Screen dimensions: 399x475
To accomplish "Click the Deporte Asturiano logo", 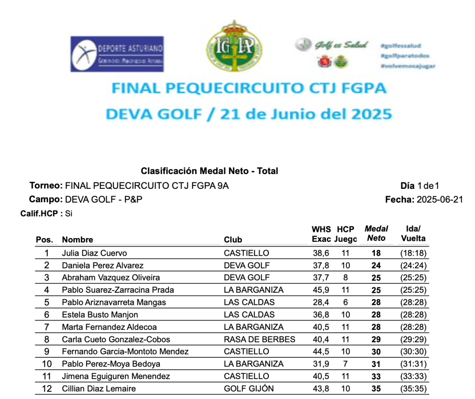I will point(117,54).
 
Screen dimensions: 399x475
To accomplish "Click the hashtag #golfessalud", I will point(400,46).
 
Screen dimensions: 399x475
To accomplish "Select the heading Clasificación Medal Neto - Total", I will point(209,171).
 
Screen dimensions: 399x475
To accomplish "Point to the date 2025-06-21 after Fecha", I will point(440,200).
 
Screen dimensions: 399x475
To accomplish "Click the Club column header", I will point(233,240).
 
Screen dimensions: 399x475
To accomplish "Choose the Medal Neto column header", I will point(376,234).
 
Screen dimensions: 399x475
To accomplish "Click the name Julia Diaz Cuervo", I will point(94,253).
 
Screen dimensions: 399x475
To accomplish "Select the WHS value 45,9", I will point(320,290).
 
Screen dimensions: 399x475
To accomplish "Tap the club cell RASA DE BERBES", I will point(259,339).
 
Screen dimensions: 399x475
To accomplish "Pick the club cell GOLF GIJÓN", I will point(249,389).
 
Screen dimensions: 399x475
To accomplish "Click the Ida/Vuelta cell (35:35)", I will point(413,389).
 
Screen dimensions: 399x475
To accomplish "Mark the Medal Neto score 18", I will point(376,253).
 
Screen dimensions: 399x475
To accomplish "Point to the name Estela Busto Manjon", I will point(100,315).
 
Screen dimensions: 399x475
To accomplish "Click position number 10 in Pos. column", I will point(46,364).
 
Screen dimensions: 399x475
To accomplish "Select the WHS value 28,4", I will point(320,302).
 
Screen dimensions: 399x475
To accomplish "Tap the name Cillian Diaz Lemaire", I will point(99,389).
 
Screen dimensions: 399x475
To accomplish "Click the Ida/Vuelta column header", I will point(413,234).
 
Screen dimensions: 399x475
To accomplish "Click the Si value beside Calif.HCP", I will point(69,214).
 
